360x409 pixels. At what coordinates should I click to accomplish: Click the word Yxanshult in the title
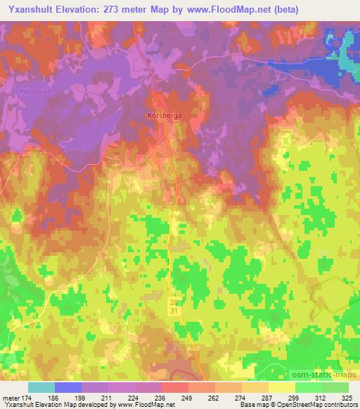click(31, 10)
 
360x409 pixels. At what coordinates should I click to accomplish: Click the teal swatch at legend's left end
click(41, 387)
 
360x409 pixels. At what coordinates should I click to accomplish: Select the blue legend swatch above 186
click(68, 387)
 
